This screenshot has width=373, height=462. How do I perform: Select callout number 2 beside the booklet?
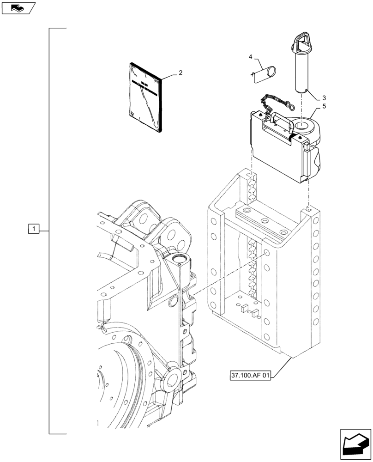[180, 73]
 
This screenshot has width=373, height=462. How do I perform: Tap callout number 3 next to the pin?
[324, 98]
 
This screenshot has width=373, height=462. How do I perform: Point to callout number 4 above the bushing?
[251, 57]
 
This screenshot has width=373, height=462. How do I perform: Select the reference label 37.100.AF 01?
[250, 375]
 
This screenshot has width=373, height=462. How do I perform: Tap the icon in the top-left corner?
[18, 8]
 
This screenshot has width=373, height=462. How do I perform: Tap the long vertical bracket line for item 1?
[49, 231]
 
